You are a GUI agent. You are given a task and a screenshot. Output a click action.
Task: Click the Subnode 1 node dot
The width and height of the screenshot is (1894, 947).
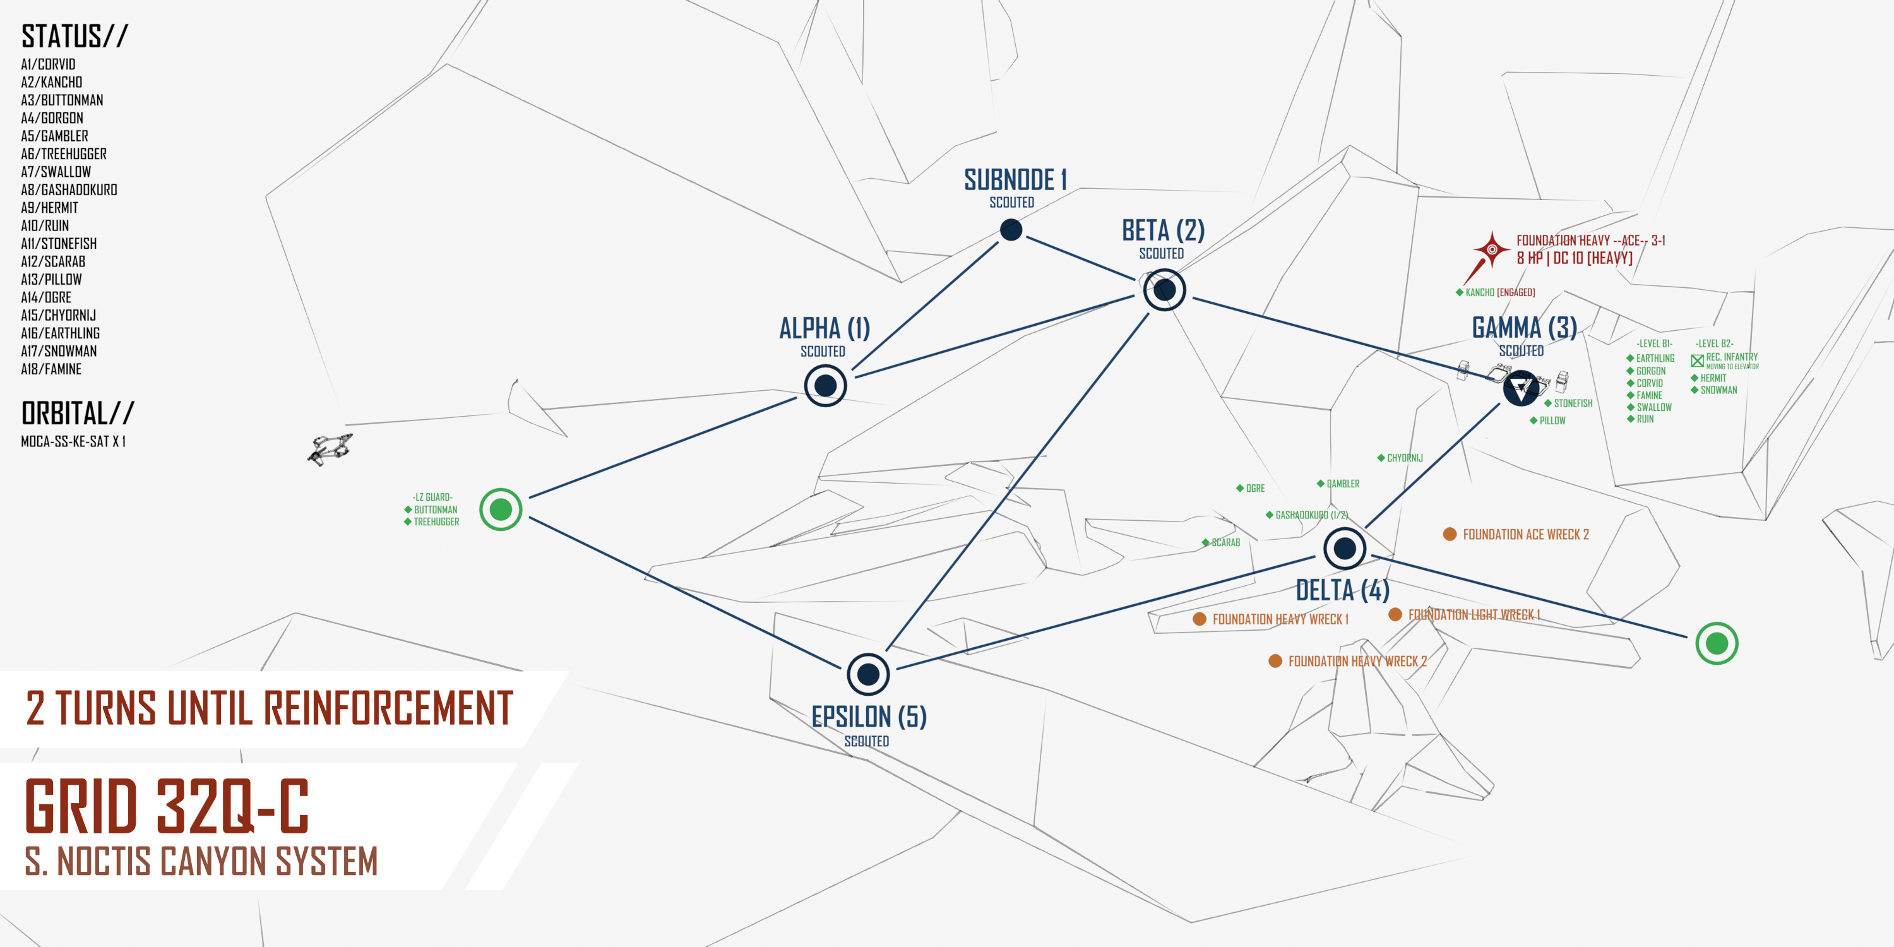(1011, 230)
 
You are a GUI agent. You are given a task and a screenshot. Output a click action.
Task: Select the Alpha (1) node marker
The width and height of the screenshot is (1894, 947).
(825, 385)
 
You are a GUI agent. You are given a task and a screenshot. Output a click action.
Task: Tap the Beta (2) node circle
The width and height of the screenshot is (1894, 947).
(1165, 290)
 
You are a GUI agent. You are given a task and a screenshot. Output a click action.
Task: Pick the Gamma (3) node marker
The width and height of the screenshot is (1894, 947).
(1520, 388)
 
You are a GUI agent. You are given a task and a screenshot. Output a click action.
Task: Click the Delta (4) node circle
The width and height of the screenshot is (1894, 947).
(1345, 548)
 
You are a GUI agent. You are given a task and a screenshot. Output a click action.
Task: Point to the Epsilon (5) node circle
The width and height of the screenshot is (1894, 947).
(868, 674)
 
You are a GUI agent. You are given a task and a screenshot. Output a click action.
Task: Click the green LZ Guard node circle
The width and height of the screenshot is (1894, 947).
(501, 509)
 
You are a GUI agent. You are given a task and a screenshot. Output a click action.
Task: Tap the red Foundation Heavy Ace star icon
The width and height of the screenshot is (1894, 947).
(1492, 249)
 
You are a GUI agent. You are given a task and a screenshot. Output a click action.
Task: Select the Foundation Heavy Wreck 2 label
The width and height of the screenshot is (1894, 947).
(1357, 661)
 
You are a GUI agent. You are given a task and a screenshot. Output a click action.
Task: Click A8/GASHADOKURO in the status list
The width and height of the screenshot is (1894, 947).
(69, 189)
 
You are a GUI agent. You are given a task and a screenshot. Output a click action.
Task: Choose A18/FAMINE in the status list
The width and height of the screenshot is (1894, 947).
(52, 369)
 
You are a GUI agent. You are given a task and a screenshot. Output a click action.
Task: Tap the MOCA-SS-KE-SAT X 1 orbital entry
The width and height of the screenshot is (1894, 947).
(73, 441)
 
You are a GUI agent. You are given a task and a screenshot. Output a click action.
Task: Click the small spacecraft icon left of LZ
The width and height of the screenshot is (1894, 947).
(330, 448)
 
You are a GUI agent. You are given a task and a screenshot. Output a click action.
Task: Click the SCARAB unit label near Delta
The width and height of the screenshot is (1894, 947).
(1225, 542)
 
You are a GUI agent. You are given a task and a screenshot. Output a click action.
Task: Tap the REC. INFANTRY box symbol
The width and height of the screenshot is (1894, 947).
(1697, 360)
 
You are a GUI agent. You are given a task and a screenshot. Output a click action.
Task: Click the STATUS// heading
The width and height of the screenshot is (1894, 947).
(75, 37)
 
